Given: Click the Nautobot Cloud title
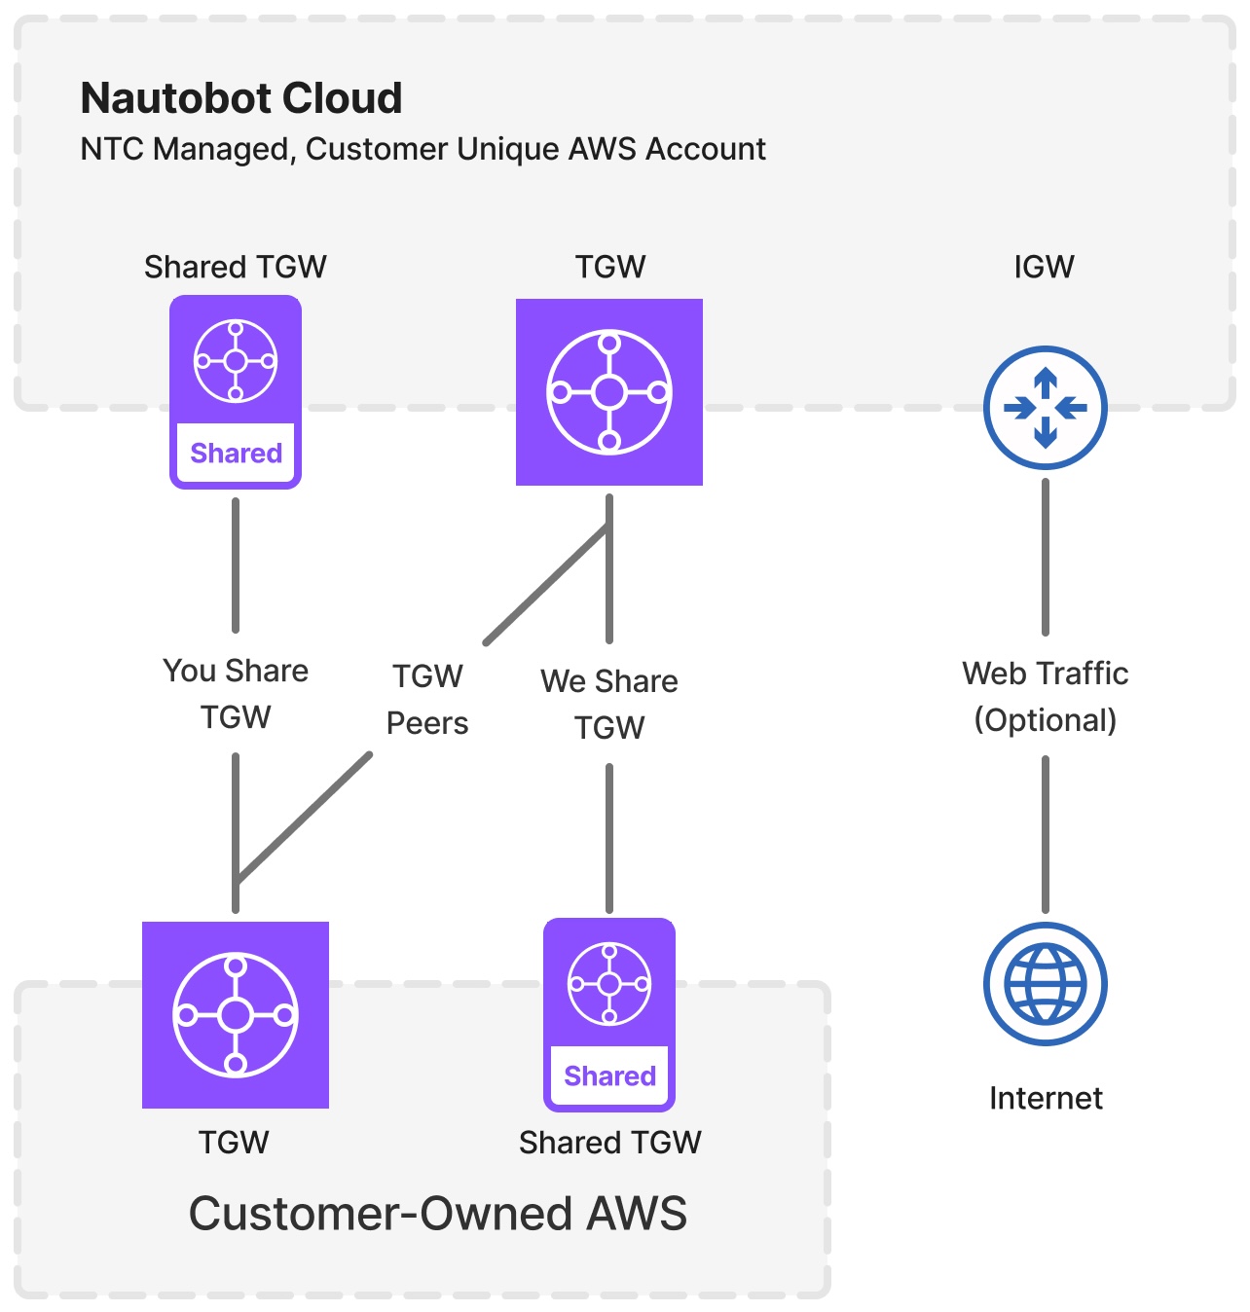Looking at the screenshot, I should coord(241,98).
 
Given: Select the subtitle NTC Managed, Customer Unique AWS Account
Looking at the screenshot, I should coord(423,149).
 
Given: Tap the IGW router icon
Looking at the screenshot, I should coord(1045,408).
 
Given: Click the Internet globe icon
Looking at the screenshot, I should coord(1045,984).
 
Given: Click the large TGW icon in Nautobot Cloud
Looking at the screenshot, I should coord(609,392).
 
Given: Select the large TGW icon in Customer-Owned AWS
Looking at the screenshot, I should coord(236,1015).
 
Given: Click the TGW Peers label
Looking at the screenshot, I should coord(427,699).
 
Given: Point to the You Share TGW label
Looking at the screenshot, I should coord(236,693).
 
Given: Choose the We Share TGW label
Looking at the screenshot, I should coord(609,704).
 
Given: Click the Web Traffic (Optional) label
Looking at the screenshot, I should coord(1045,696).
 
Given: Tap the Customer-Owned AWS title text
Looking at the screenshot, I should coord(437,1213).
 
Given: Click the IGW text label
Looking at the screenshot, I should coord(1044,267).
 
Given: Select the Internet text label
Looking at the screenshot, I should coord(1046,1098).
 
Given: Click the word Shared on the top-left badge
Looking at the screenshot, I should coord(236,454).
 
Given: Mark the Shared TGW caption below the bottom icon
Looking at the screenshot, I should coord(609,1142).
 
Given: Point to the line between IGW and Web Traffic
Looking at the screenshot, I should coord(1046,555).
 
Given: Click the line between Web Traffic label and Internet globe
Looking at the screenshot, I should coord(1046,833).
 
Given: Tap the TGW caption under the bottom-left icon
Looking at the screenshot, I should coord(234,1142).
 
